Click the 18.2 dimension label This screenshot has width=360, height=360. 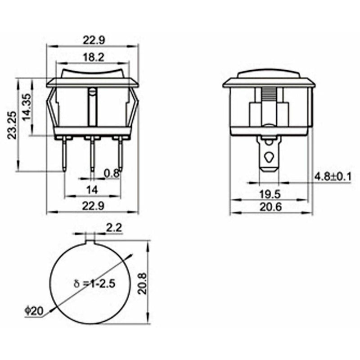[93, 57]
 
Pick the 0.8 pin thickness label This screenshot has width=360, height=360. [112, 173]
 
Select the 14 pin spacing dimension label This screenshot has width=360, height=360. [92, 190]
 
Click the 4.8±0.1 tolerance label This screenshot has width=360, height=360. [333, 176]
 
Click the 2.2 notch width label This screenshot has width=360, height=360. [113, 228]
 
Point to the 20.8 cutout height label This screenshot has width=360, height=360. [143, 282]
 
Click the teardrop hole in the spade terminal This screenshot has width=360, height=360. [269, 157]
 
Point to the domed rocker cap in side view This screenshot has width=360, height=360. [269, 73]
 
